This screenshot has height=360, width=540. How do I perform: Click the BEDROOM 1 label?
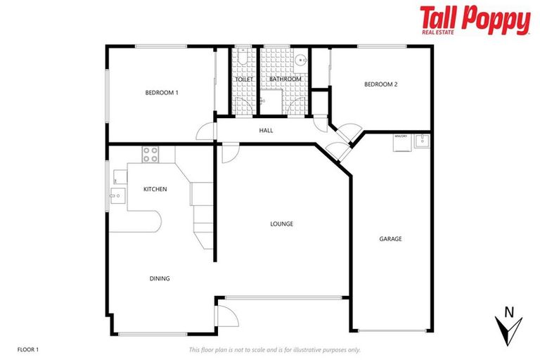(162, 93)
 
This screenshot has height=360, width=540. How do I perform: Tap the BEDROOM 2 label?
(380, 84)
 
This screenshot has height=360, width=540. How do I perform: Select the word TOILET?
(244, 79)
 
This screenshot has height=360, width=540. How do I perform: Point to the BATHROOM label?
(285, 79)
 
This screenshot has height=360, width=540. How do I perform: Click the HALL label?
(266, 131)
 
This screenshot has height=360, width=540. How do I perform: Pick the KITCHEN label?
(155, 189)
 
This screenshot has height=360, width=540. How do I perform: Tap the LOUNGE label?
(281, 224)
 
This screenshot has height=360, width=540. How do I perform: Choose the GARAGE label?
(390, 239)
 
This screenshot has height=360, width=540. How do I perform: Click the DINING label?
(160, 278)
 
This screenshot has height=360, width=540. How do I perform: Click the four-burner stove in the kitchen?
(150, 154)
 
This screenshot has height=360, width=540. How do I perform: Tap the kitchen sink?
(116, 193)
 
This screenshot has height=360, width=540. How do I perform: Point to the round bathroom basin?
(301, 60)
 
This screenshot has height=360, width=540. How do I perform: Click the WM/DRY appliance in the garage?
(401, 141)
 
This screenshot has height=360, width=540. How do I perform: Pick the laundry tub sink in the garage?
(422, 141)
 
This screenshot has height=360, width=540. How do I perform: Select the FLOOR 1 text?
(28, 349)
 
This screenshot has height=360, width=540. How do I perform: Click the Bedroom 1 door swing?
(205, 132)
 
